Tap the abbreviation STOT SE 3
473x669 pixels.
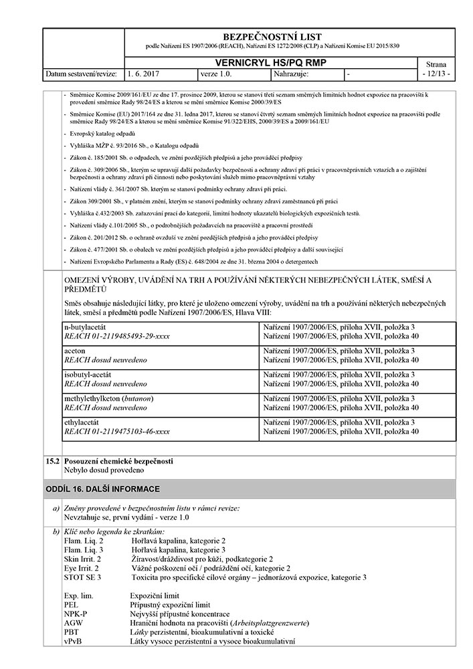click(82, 577)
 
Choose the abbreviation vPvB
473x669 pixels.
click(73, 642)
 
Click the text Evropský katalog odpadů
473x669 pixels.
click(102, 134)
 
